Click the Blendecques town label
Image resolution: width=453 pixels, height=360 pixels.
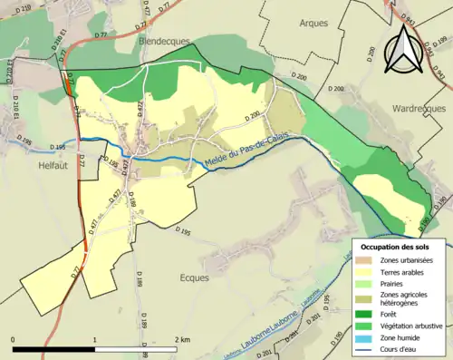(x=161, y=41)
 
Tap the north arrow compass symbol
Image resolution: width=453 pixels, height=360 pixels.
(x=403, y=50)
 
